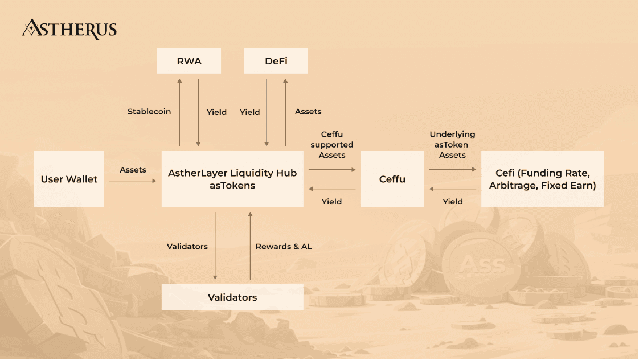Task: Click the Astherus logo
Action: (69, 29)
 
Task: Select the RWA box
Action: (189, 61)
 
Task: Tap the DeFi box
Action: (276, 61)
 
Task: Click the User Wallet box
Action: (69, 179)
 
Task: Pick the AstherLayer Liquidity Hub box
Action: (232, 179)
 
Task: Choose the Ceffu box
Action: (392, 179)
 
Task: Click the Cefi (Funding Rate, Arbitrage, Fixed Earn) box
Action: (542, 179)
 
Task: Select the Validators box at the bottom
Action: (232, 297)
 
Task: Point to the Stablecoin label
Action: (149, 112)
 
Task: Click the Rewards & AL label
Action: (284, 247)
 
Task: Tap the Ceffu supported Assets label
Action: (332, 145)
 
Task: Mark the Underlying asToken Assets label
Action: (453, 145)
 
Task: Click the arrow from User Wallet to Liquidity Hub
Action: (133, 181)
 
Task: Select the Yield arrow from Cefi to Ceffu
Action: (453, 189)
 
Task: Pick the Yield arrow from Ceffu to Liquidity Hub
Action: (332, 189)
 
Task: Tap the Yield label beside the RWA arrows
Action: (216, 112)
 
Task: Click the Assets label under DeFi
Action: (308, 112)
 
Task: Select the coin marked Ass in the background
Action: (482, 264)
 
